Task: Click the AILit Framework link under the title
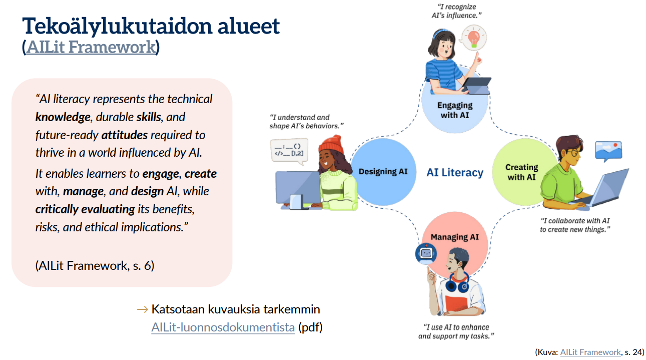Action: coord(91,47)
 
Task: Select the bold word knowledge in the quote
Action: coord(63,117)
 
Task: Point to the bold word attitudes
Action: coord(125,135)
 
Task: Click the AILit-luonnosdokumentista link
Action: coord(223,327)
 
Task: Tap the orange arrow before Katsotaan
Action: coord(143,309)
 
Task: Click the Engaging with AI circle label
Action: coord(455,110)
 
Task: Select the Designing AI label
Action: coord(383,172)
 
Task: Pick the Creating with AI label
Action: coord(522,172)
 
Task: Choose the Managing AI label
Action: coord(455,237)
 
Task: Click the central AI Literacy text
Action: coord(455,173)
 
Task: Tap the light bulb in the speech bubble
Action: coord(473,39)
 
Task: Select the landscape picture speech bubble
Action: coord(608,151)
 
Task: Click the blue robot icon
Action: coord(426,253)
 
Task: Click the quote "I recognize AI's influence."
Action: coord(456,11)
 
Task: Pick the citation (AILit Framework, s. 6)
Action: coord(95,266)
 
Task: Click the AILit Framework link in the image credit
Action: coord(590,352)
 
